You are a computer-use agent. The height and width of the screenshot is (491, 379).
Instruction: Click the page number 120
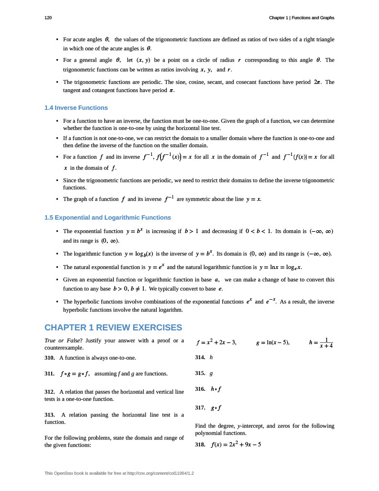point(48,18)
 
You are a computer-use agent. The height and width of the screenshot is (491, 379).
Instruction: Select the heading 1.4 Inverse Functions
point(76,107)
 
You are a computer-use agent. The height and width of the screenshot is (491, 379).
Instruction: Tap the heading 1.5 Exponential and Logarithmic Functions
point(107,217)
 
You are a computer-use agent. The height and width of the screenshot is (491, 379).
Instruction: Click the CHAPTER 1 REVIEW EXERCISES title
point(113,328)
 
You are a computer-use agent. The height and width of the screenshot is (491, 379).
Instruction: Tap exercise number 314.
point(200,358)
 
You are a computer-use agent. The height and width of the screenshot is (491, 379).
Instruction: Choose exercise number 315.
point(200,373)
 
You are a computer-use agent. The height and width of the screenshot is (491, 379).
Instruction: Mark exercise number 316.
point(200,389)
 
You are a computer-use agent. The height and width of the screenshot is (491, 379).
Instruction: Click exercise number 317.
point(200,408)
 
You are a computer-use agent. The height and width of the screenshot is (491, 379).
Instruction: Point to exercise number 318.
point(200,444)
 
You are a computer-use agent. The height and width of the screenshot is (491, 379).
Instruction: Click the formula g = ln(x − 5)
point(273,343)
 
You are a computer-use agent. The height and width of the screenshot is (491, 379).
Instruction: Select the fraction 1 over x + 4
point(326,342)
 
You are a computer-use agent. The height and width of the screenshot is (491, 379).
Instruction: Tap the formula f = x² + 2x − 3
point(217,343)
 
